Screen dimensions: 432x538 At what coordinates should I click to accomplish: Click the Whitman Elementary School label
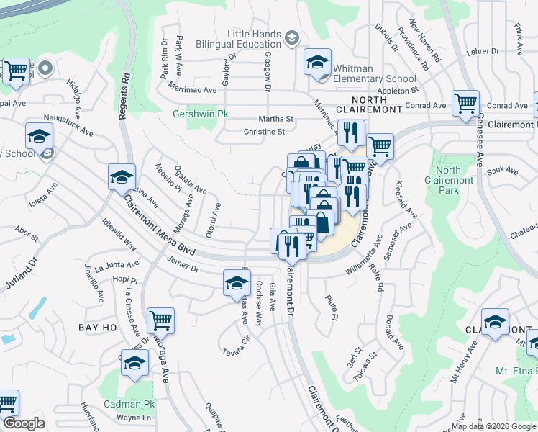click(x=373, y=73)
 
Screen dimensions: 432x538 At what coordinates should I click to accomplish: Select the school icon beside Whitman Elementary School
click(x=316, y=63)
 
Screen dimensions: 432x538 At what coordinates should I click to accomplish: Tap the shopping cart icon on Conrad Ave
click(x=465, y=103)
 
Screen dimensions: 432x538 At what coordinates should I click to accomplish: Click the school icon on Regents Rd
click(x=122, y=177)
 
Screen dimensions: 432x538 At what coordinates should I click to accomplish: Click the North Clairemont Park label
click(x=449, y=180)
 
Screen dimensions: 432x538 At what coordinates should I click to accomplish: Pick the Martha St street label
click(x=277, y=119)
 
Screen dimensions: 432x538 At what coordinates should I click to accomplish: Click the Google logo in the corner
click(x=24, y=423)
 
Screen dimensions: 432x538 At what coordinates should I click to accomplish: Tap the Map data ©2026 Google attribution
click(x=493, y=426)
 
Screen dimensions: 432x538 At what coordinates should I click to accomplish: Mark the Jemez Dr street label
click(x=183, y=268)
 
